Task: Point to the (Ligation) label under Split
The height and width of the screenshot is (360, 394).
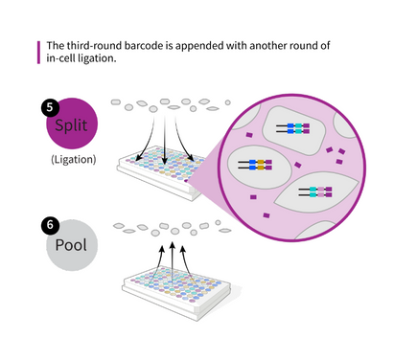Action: (x=73, y=159)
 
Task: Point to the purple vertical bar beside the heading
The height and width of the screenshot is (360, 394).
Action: (x=37, y=52)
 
